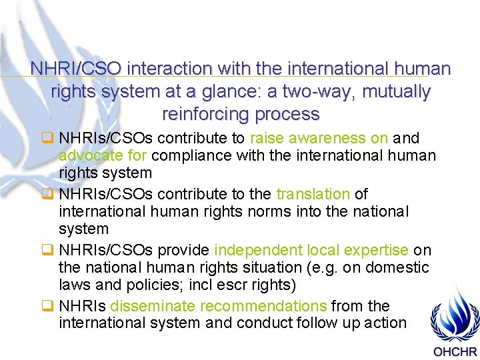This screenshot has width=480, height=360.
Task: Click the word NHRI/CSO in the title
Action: (x=75, y=69)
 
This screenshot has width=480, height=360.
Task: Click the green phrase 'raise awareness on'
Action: (x=319, y=138)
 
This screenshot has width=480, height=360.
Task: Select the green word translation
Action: (x=313, y=194)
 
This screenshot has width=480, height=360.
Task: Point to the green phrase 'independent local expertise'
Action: (x=311, y=250)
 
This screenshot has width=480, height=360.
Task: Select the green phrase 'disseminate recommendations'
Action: (x=218, y=306)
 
